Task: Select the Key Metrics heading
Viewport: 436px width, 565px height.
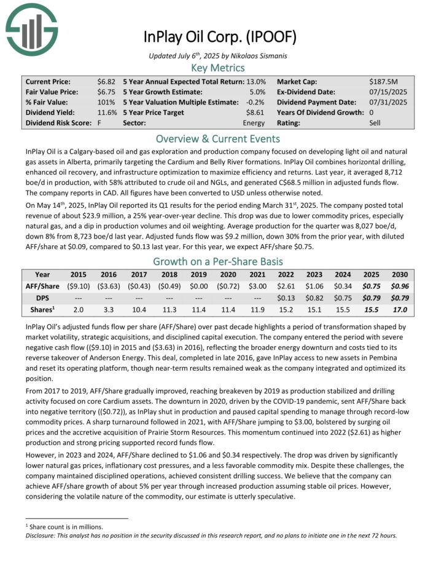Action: [218, 68]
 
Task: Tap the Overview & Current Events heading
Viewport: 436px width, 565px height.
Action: [218, 138]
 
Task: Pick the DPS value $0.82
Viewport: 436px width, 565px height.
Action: [314, 298]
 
